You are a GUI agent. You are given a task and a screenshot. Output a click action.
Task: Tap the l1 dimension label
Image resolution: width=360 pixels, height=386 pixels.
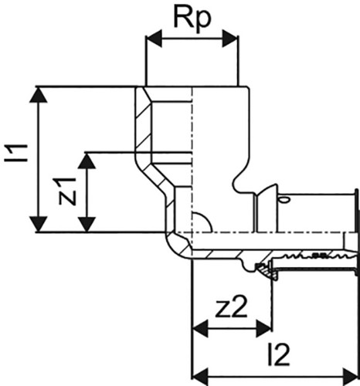[x=16, y=153]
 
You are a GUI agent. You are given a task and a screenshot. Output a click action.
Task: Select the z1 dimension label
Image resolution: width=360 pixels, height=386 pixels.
[x=68, y=191]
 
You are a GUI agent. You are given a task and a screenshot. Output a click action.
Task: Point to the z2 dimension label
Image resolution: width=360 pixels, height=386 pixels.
[x=231, y=307]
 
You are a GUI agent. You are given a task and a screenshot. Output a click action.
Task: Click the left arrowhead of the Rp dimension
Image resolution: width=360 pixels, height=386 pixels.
[x=154, y=39]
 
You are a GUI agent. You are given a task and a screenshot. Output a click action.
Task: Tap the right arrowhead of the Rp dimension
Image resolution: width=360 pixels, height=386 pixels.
[x=230, y=39]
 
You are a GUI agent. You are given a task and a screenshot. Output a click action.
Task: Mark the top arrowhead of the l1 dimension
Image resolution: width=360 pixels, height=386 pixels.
[x=39, y=95]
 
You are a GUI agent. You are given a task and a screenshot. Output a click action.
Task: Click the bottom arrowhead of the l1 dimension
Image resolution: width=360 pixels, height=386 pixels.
[x=39, y=224]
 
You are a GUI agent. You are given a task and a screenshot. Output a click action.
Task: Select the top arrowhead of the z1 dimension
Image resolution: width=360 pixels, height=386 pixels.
[x=87, y=161]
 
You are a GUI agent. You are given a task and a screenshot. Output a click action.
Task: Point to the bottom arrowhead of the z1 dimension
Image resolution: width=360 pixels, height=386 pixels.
[x=87, y=224]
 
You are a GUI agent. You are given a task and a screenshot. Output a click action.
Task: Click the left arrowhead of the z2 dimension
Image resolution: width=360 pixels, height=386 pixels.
[x=200, y=329]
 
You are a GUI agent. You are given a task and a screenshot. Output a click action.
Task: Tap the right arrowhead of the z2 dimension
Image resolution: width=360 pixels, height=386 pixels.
[x=264, y=329]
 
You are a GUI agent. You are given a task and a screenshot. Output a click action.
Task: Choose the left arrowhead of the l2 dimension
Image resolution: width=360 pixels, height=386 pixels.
[x=200, y=377]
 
